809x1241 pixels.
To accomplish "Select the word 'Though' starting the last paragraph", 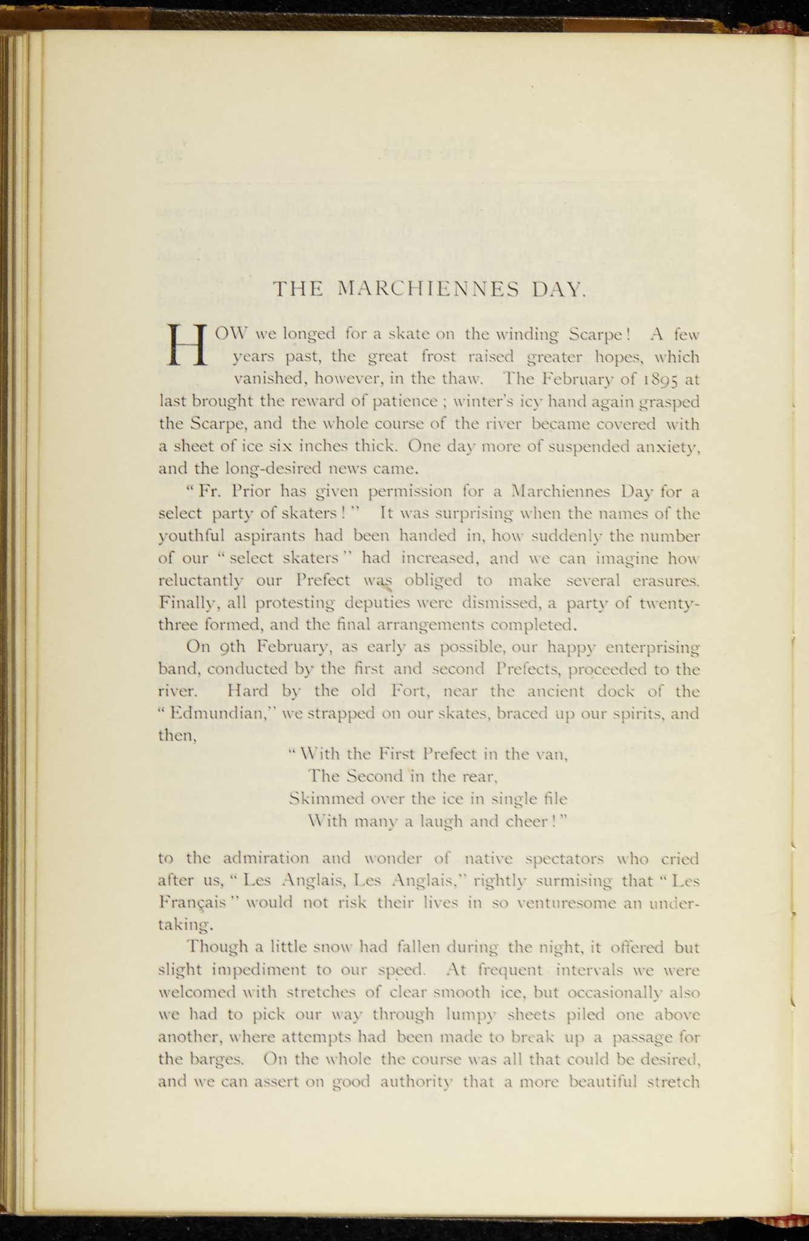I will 216,946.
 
